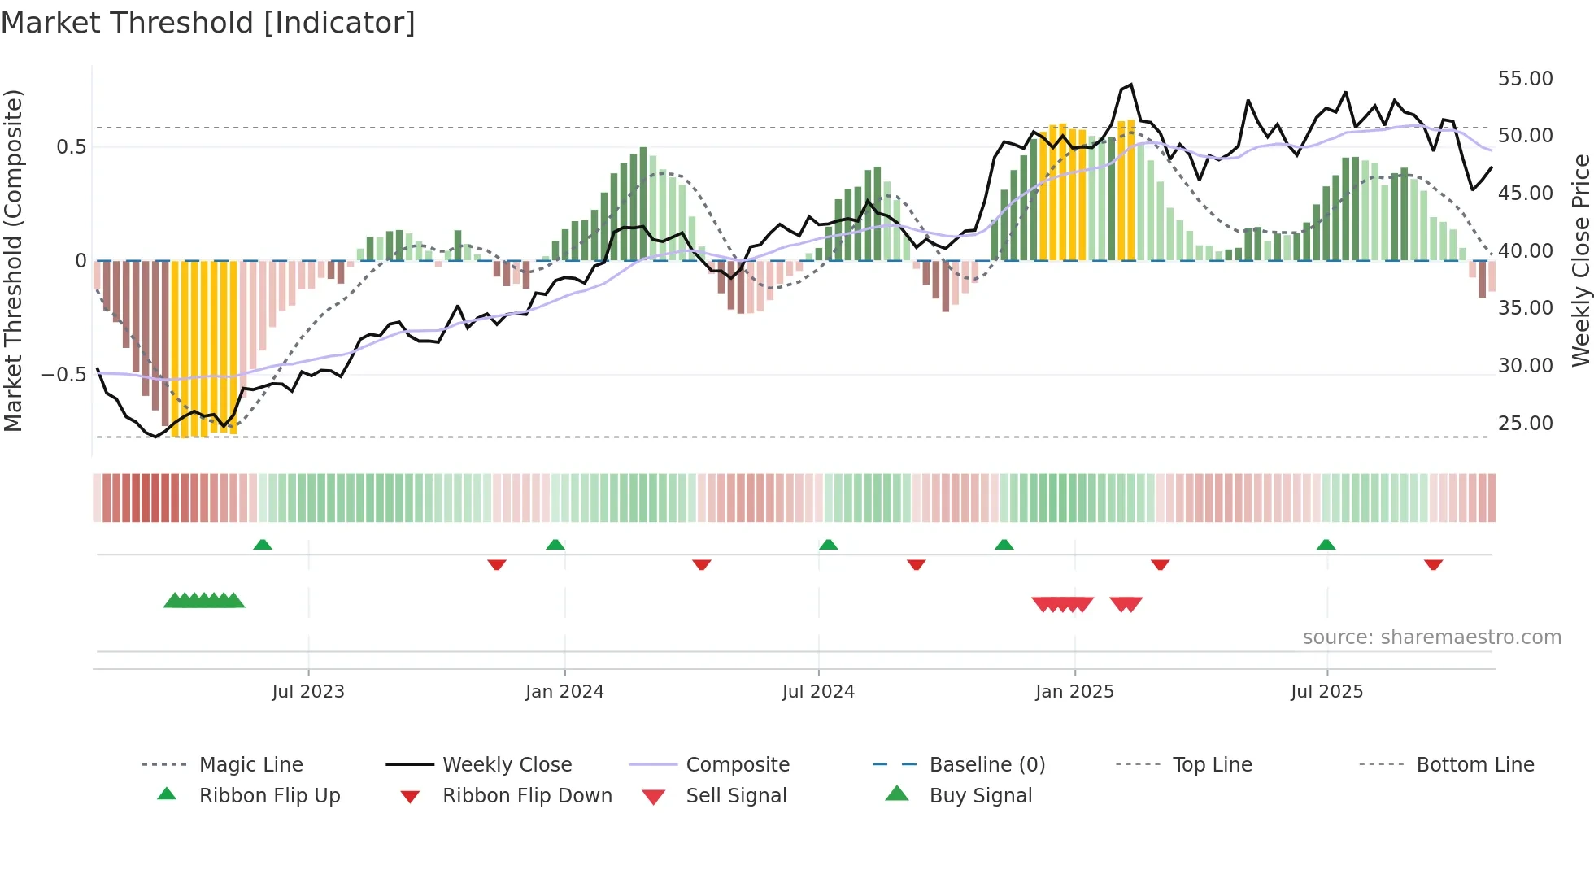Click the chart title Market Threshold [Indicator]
[208, 23]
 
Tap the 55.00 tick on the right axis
[1525, 79]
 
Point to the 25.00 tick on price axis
[1525, 424]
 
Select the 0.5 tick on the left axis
[71, 147]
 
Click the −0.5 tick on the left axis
[63, 375]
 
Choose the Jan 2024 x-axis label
[564, 692]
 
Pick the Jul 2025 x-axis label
[1326, 692]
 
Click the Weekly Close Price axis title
[1579, 260]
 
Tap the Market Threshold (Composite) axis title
[13, 260]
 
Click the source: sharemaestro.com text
[1431, 637]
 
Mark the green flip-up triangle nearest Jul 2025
[1326, 545]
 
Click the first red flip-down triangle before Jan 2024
[497, 564]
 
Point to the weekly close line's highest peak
[1130, 85]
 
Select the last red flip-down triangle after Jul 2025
[1433, 564]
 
